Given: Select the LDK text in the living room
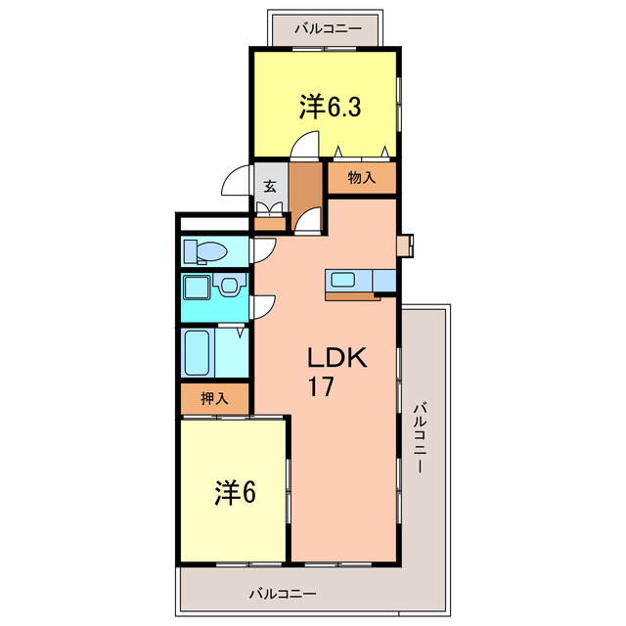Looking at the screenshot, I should point(337,357).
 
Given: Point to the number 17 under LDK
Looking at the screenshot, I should point(324,386).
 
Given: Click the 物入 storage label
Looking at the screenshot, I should point(362,178).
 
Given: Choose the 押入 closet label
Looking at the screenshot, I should point(214,399).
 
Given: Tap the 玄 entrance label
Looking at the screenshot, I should point(269,186).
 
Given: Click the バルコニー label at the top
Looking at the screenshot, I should point(328,28).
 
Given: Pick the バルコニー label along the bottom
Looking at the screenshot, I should point(282,594).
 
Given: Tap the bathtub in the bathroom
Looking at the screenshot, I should point(201,353).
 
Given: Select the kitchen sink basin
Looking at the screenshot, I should point(343,280).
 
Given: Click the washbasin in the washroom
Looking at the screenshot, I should point(229,288).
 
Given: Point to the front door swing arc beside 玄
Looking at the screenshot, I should point(237,184).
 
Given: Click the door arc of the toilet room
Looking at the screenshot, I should point(262,250).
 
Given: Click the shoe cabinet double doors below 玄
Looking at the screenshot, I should point(269,207).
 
